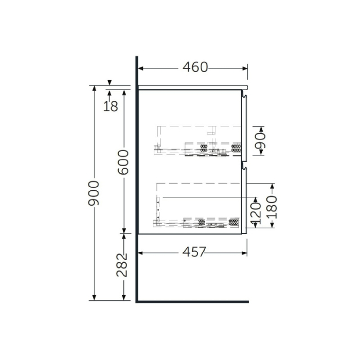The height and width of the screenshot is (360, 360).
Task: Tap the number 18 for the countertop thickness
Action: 111,106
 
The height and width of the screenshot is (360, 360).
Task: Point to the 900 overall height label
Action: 93,194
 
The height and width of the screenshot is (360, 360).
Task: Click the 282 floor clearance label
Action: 122,265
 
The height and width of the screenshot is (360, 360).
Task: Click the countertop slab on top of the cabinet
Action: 193,87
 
